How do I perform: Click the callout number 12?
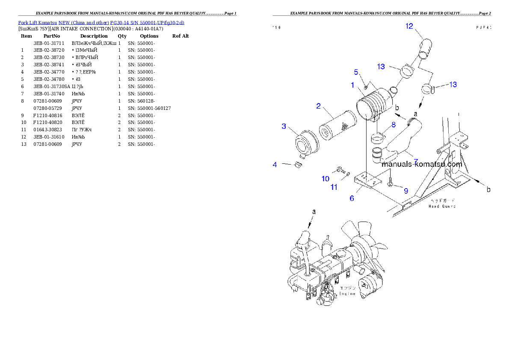[x=409, y=26]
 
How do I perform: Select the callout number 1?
[x=352, y=85]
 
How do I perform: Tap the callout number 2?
[x=318, y=106]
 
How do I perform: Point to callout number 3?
[x=284, y=126]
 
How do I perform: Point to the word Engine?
[x=347, y=294]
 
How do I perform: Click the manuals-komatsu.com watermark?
[x=421, y=164]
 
